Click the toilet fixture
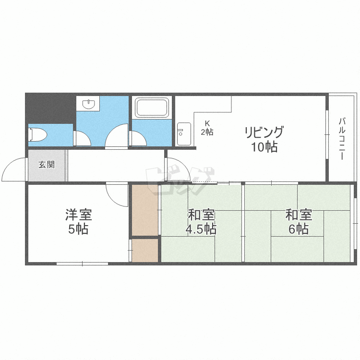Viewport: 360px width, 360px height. point(37,134)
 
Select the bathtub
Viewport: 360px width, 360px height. point(152,108)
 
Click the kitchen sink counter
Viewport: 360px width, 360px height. point(184,134)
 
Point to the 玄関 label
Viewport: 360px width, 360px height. point(47,165)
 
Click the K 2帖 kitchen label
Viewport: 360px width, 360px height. point(207,128)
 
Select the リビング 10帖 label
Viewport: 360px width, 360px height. point(264,139)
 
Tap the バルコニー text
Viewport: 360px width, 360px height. point(342,138)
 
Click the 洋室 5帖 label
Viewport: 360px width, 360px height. point(79,221)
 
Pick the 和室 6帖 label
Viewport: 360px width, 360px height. point(299,221)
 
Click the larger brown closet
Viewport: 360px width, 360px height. point(145,210)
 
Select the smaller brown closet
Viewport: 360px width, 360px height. point(145,251)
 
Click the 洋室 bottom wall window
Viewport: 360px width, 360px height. point(83,264)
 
